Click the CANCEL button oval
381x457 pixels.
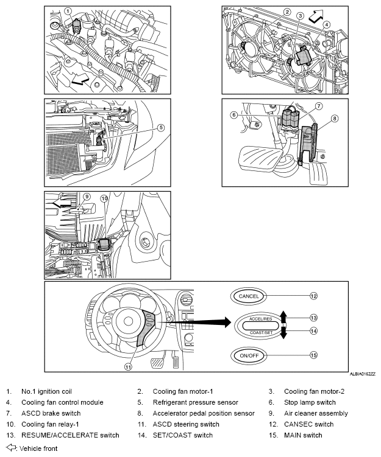click(249, 296)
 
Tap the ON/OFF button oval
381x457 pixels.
click(249, 355)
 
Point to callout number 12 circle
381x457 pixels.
click(313, 296)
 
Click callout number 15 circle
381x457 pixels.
click(313, 355)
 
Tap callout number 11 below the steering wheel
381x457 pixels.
click(129, 366)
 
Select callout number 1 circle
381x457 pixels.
click(68, 11)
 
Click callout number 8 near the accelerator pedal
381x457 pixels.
click(334, 119)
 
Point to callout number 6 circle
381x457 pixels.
click(233, 114)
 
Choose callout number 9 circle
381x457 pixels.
click(87, 197)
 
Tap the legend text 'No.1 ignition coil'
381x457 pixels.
click(51, 391)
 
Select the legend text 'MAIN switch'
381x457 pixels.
click(303, 435)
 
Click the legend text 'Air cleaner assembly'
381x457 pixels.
click(316, 413)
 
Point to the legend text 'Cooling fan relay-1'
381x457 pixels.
click(54, 424)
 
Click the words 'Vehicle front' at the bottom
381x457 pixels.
click(38, 448)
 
